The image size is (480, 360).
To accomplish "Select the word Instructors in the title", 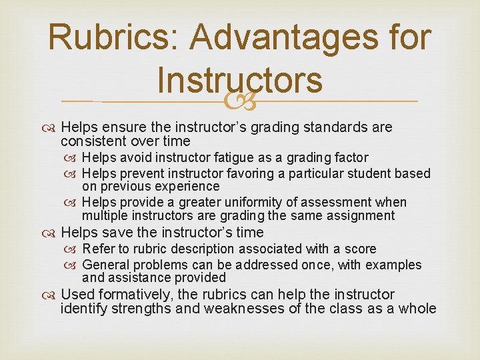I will [x=240, y=80].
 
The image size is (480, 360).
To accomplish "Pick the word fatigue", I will [x=251, y=157].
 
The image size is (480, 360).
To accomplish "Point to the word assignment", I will [x=359, y=215].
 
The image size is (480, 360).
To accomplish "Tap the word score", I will [x=359, y=249].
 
